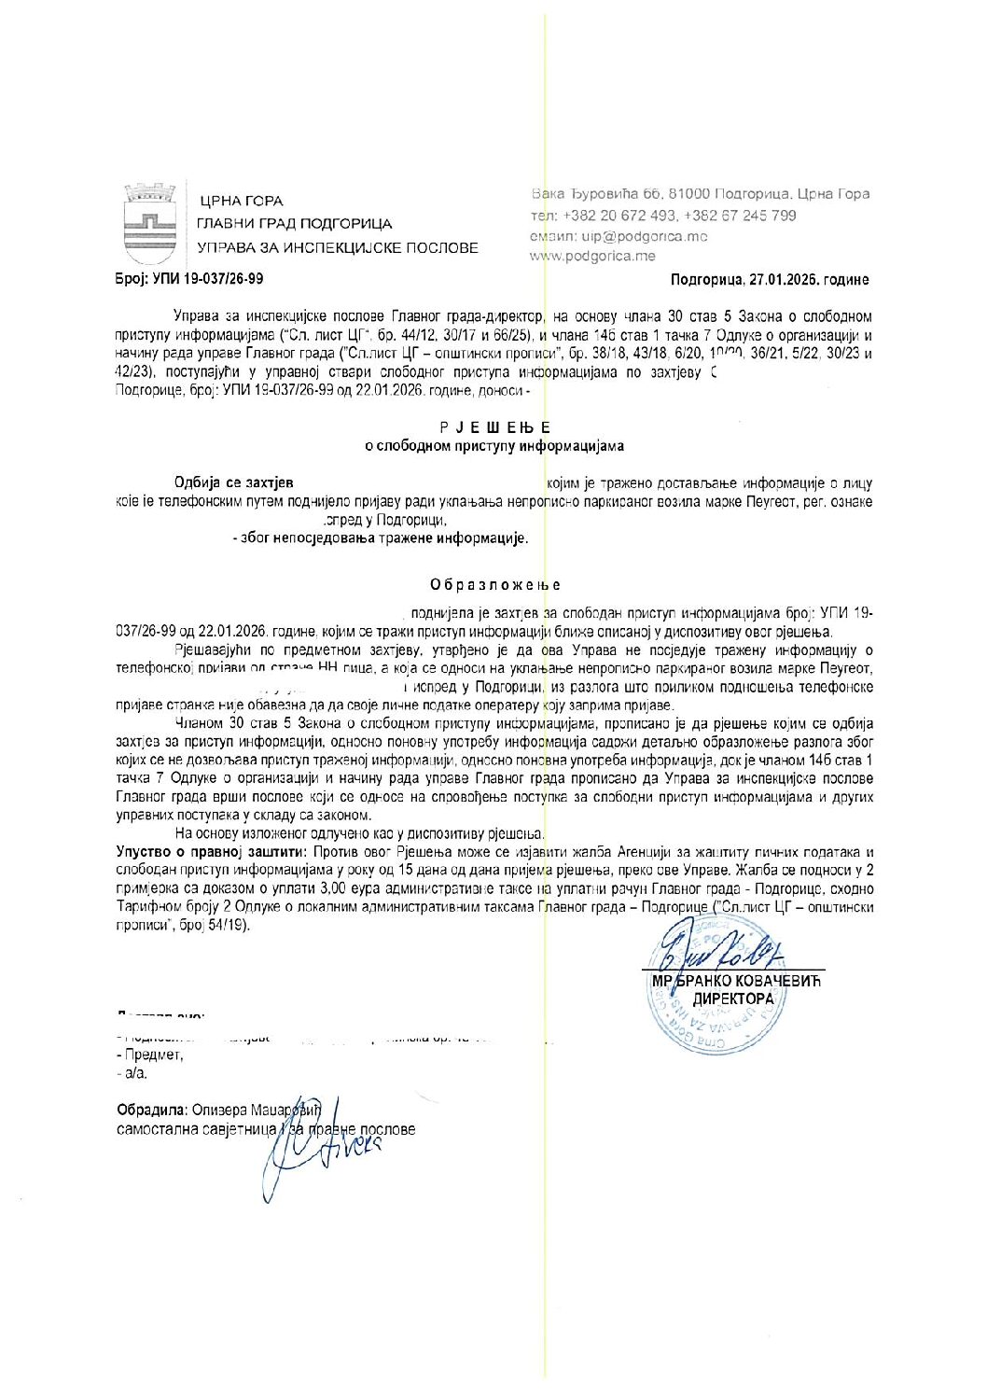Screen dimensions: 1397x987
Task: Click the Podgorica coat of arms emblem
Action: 150,224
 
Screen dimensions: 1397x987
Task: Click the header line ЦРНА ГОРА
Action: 241,202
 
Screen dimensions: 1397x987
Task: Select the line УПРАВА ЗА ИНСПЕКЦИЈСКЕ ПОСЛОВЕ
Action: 337,248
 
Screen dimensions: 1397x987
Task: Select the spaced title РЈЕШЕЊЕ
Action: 494,427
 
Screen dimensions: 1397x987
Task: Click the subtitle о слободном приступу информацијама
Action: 494,446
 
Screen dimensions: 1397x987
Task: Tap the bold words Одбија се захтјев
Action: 234,482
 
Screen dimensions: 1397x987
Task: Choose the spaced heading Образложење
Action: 495,585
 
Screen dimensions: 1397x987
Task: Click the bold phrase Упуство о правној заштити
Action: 211,852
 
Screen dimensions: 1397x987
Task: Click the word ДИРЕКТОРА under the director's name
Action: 733,999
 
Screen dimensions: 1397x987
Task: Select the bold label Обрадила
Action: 151,1111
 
